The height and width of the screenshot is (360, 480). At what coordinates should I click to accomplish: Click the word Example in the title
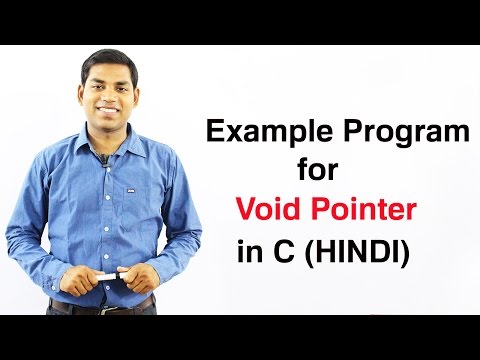coord(267,130)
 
